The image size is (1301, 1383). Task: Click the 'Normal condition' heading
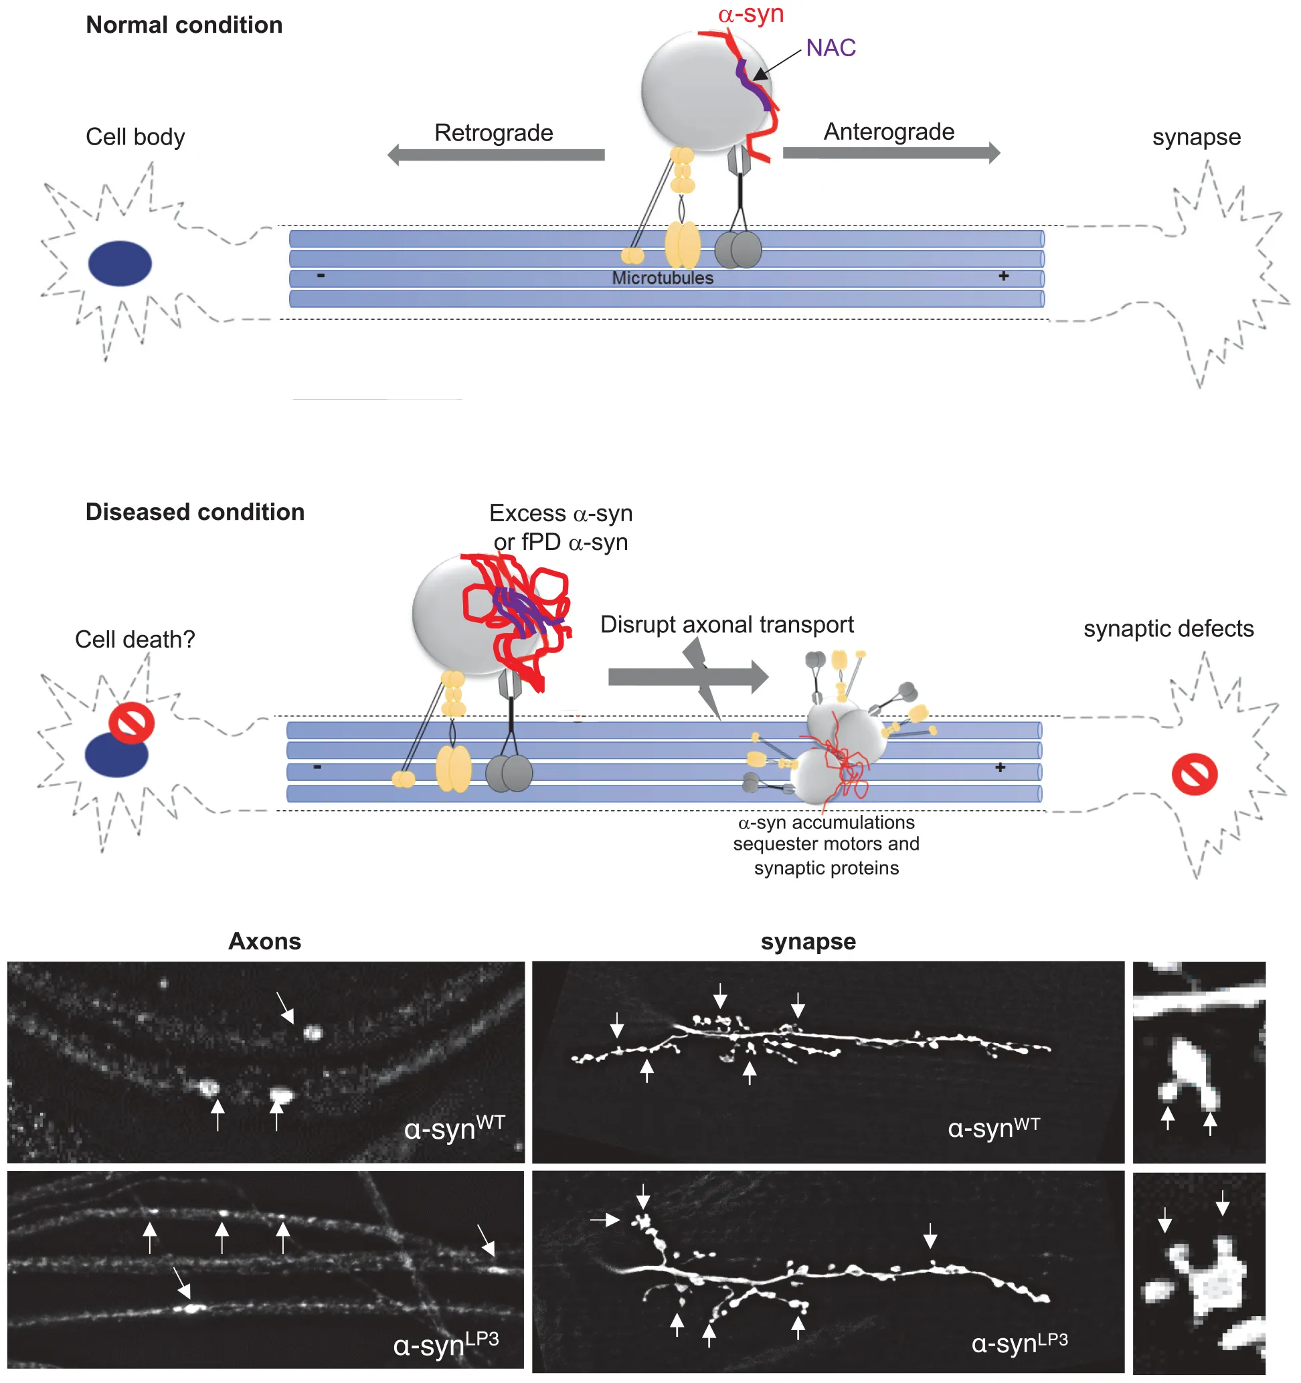[x=183, y=25]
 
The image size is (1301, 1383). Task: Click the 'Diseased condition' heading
[x=195, y=513]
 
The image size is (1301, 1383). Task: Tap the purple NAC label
[x=831, y=48]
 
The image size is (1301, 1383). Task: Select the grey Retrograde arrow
[x=495, y=155]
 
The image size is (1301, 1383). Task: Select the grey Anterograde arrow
[x=891, y=153]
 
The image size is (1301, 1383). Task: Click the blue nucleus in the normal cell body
[x=120, y=264]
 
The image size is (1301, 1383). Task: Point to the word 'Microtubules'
[x=663, y=278]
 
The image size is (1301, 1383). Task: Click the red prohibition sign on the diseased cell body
[x=131, y=723]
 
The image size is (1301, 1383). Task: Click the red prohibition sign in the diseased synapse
[x=1195, y=773]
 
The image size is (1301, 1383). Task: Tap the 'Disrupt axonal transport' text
[x=727, y=625]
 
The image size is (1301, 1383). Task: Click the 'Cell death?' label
[x=135, y=640]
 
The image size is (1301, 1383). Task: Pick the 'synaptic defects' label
[x=1168, y=629]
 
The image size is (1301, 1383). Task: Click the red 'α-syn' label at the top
[x=751, y=15]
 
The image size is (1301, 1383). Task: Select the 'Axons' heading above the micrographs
[x=265, y=942]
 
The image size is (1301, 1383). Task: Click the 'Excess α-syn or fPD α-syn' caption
[x=561, y=528]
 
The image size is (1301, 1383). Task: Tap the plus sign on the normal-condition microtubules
[x=1003, y=276]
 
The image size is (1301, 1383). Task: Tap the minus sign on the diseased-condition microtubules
[x=317, y=767]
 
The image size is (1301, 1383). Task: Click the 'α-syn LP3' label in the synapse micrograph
[x=1019, y=1344]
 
